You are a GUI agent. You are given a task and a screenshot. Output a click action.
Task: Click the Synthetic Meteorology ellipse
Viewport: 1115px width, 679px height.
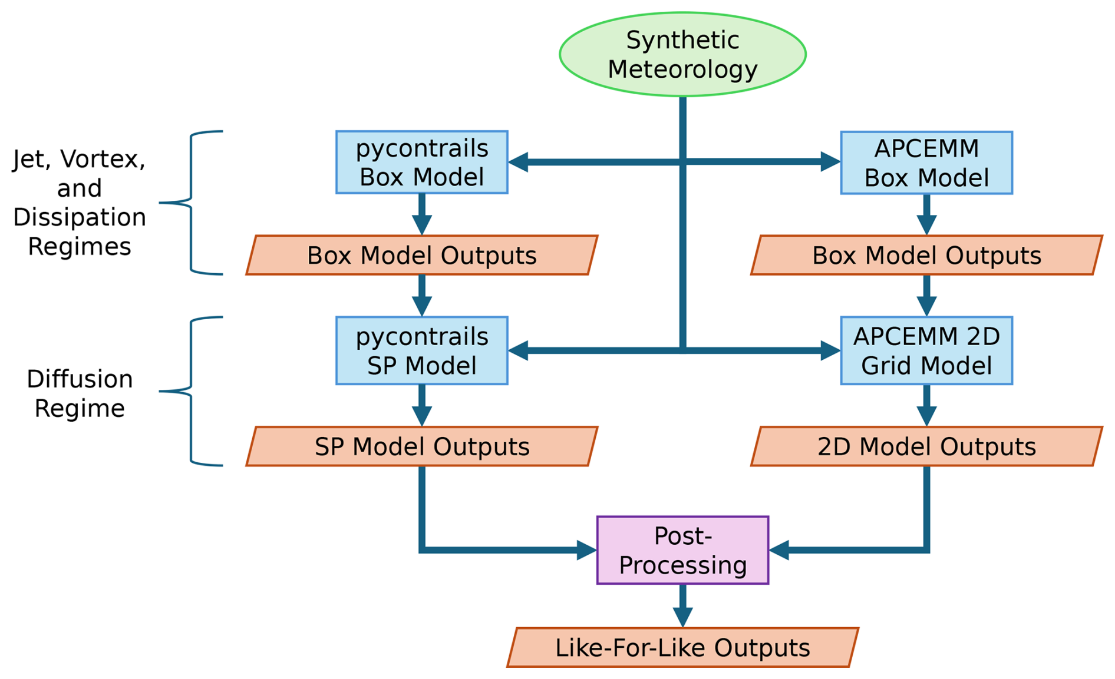pyautogui.click(x=682, y=54)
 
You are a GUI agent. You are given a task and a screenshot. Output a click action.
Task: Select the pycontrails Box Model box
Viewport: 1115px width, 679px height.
pyautogui.click(x=421, y=163)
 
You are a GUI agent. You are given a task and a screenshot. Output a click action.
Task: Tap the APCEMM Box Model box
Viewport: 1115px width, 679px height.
pyautogui.click(x=926, y=163)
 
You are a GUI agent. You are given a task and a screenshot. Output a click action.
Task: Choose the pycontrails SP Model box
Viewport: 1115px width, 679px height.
pyautogui.click(x=421, y=351)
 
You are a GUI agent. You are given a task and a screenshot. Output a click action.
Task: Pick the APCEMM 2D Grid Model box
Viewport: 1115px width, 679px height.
pyautogui.click(x=926, y=351)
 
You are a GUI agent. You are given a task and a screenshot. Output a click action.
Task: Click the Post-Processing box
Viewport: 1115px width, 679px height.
pyautogui.click(x=682, y=550)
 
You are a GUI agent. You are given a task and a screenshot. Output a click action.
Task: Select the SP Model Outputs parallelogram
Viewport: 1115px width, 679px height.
pyautogui.click(x=421, y=446)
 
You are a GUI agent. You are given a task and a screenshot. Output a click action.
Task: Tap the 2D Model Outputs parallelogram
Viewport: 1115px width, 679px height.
pyautogui.click(x=926, y=446)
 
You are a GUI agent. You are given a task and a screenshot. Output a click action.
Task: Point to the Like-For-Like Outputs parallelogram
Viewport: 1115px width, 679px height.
pyautogui.click(x=682, y=647)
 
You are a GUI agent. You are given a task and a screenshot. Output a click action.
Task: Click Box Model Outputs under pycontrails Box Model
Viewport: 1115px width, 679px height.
pyautogui.click(x=421, y=255)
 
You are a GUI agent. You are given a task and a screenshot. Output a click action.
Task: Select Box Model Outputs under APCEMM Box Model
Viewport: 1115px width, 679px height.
pyautogui.click(x=926, y=255)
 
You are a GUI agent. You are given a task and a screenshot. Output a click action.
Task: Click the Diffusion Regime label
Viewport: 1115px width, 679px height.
pyautogui.click(x=80, y=393)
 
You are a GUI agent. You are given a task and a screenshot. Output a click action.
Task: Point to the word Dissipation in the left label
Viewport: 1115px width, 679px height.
pyautogui.click(x=80, y=217)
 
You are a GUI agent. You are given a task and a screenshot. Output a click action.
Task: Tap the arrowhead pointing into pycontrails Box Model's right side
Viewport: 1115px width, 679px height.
pyautogui.click(x=519, y=162)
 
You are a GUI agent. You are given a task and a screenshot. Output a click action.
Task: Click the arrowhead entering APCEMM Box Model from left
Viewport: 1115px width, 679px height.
pyautogui.click(x=830, y=161)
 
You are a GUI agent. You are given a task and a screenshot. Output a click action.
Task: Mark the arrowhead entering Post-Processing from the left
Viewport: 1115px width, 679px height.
pyautogui.click(x=586, y=550)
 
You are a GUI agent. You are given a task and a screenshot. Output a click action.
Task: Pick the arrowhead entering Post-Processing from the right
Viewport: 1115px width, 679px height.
pyautogui.click(x=780, y=550)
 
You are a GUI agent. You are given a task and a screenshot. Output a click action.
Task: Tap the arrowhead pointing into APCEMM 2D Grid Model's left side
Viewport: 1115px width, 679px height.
pyautogui.click(x=830, y=351)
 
